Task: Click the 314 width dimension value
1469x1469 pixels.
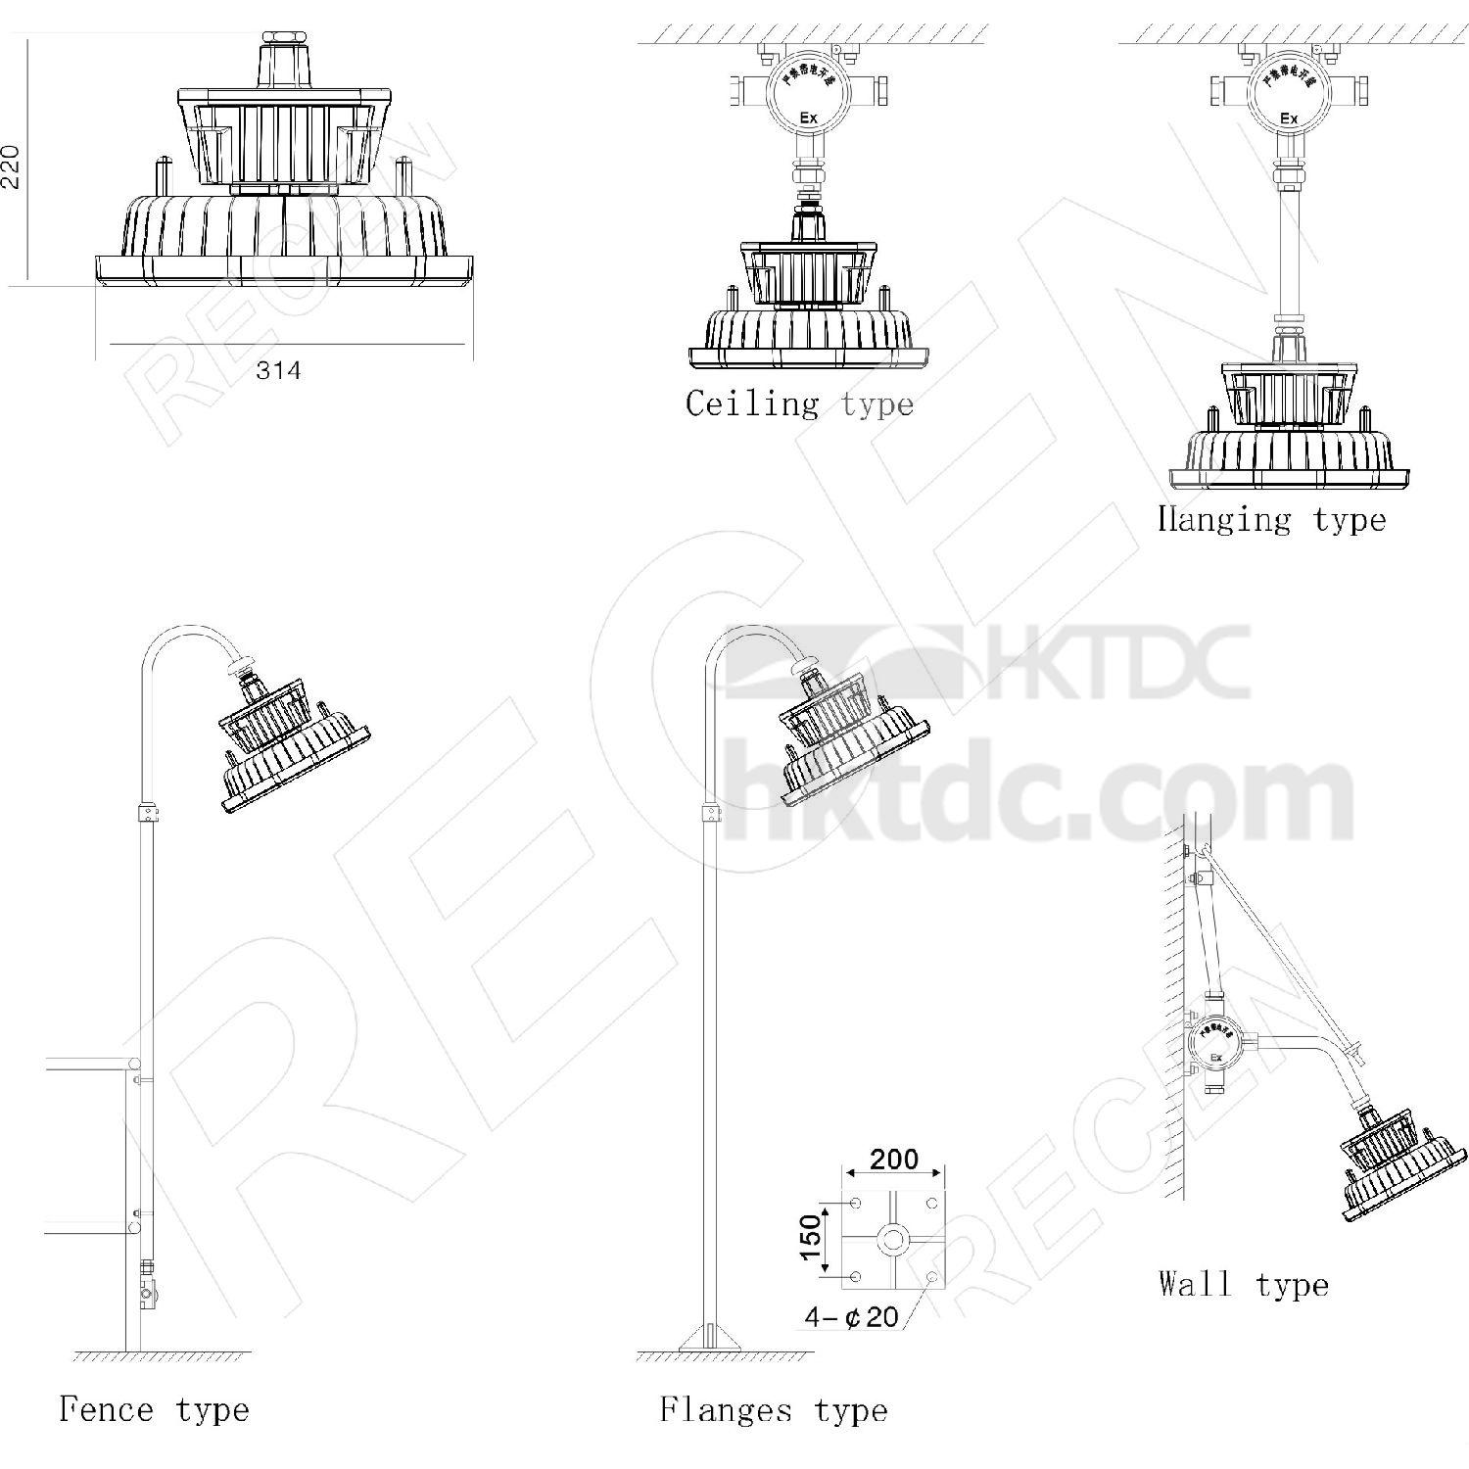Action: [278, 371]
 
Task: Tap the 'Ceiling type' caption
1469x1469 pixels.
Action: [799, 403]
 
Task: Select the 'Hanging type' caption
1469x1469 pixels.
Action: [1271, 519]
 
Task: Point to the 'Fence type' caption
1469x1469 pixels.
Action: [155, 1410]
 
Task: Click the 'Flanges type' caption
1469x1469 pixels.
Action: [774, 1410]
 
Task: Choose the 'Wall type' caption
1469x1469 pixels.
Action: [1243, 1284]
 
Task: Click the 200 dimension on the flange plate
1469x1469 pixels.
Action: [894, 1160]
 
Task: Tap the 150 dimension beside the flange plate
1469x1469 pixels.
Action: [810, 1239]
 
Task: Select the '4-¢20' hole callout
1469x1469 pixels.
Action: [851, 1316]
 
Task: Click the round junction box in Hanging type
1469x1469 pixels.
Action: [1289, 95]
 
